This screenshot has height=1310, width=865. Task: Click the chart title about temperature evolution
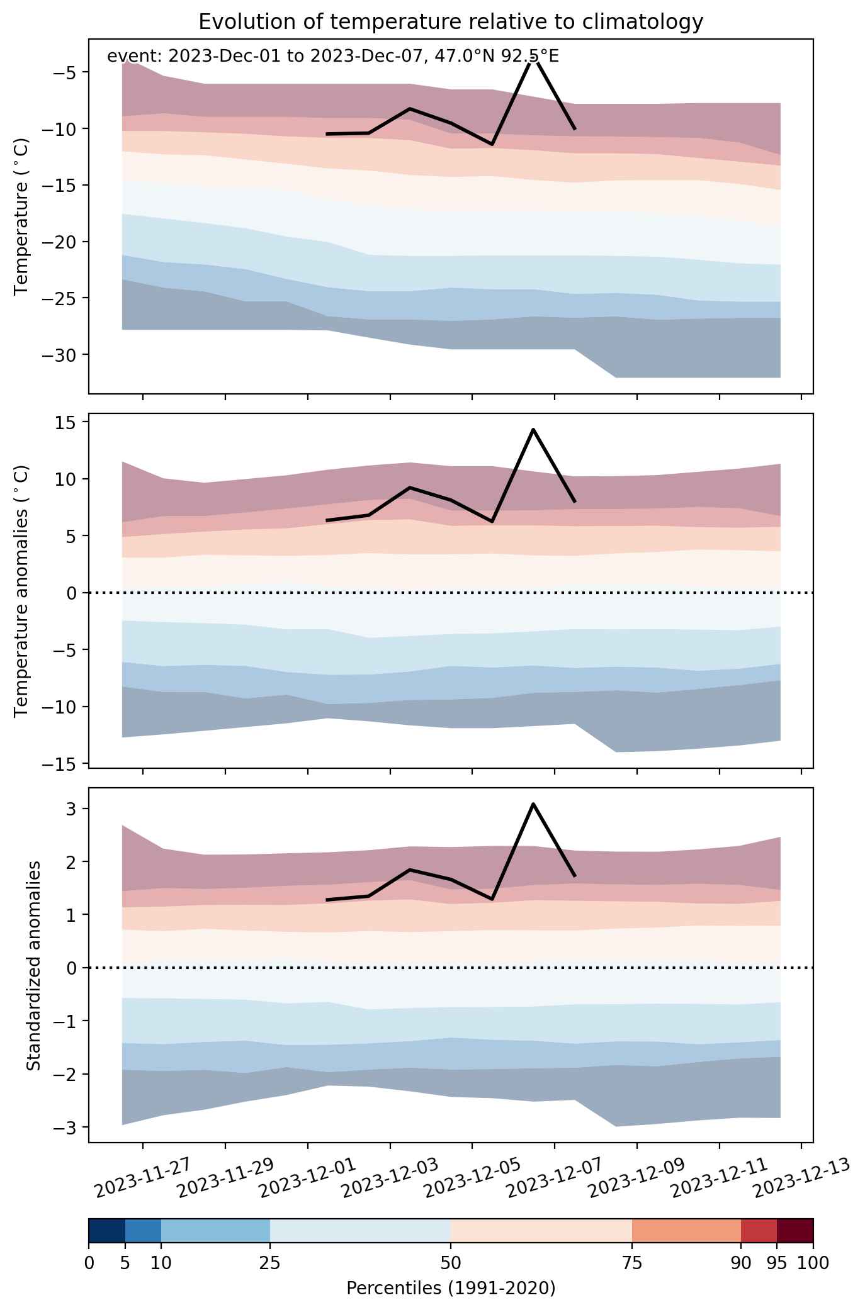pyautogui.click(x=450, y=22)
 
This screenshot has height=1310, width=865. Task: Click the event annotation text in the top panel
pyautogui.click(x=333, y=57)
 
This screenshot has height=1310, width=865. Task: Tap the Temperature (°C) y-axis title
pyautogui.click(x=22, y=216)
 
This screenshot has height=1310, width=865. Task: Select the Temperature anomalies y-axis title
pyautogui.click(x=22, y=591)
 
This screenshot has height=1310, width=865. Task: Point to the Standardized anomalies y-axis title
pyautogui.click(x=34, y=965)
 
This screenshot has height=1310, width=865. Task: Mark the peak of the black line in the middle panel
pyautogui.click(x=533, y=429)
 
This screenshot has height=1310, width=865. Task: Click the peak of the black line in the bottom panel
pyautogui.click(x=533, y=803)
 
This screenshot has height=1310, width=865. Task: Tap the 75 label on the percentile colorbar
pyautogui.click(x=632, y=1263)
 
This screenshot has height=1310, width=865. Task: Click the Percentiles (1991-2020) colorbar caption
pyautogui.click(x=451, y=1289)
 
